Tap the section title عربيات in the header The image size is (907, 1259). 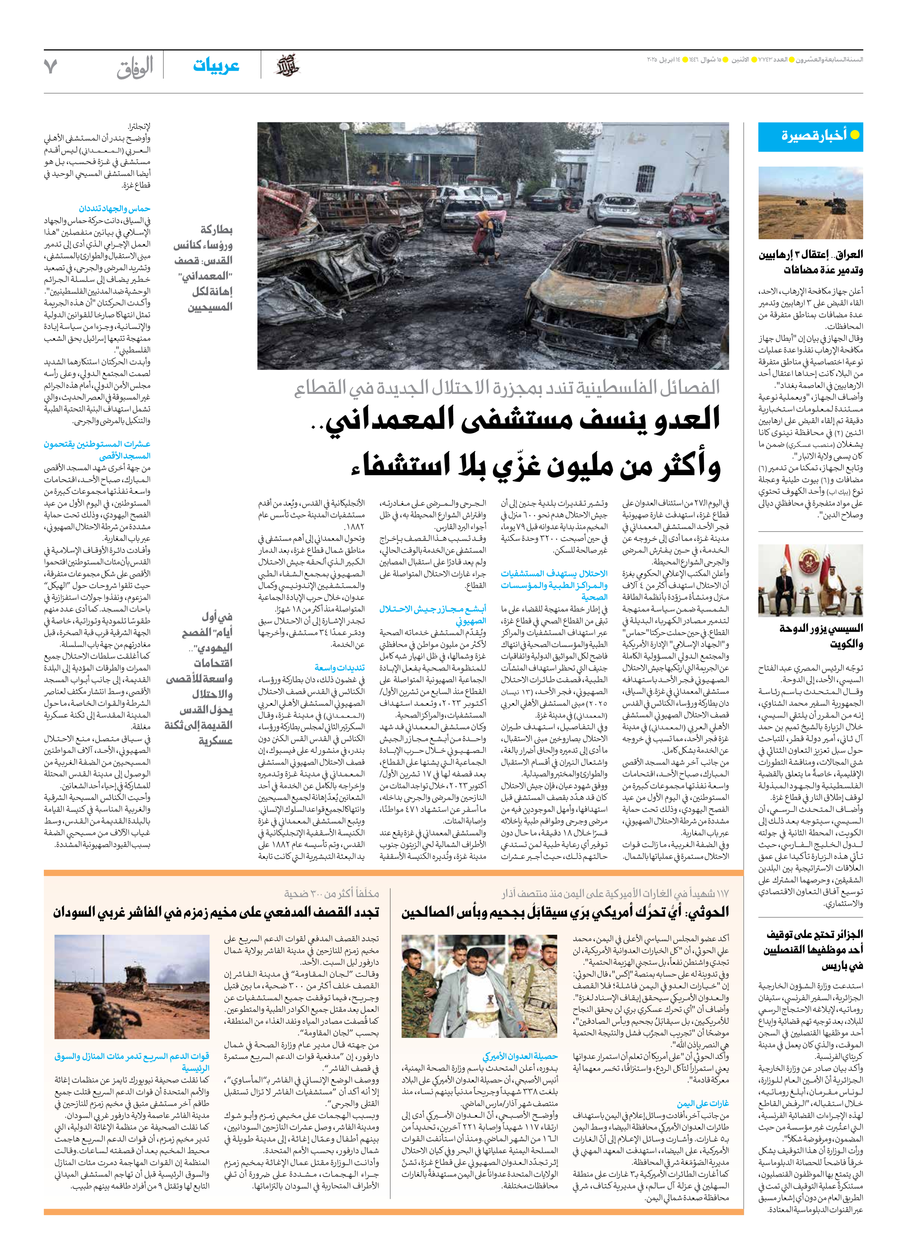pos(216,65)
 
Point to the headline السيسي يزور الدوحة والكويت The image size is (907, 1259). pos(821,636)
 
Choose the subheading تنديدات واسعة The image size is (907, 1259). pos(340,667)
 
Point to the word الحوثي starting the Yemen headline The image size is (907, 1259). pos(707,912)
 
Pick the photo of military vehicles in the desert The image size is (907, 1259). pos(810,203)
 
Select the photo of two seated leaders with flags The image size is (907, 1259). pos(810,580)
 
